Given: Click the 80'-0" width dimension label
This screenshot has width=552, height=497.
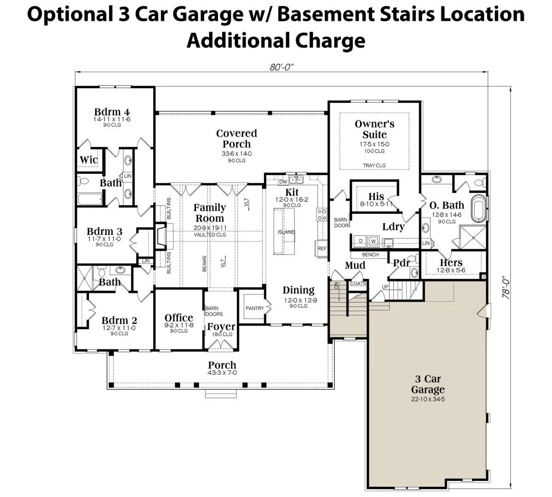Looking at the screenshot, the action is (x=282, y=67).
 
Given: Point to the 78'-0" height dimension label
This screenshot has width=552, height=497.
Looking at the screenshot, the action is (x=506, y=287).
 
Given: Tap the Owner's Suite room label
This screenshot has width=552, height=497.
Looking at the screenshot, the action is (x=374, y=129).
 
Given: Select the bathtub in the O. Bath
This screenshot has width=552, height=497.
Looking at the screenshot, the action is (x=479, y=208).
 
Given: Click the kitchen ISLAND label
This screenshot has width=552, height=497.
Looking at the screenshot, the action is (x=286, y=232).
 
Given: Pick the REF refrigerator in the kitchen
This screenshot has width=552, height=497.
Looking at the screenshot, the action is (x=322, y=248).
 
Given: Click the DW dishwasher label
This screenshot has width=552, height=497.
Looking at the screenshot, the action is (x=283, y=182).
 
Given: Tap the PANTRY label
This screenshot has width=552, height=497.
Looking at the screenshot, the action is (x=254, y=308).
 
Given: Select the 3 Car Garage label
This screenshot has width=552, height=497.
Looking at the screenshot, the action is (x=428, y=384).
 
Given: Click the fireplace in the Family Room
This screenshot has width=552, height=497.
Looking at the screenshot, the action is (x=161, y=236).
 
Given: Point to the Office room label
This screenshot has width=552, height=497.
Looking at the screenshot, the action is (x=178, y=318).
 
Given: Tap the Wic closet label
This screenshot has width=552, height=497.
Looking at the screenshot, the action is (x=89, y=160).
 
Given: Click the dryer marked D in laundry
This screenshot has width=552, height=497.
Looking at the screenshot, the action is (x=361, y=241).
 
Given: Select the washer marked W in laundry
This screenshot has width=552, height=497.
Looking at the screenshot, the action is (x=373, y=241).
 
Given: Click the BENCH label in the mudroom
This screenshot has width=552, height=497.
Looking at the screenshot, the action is (x=370, y=255).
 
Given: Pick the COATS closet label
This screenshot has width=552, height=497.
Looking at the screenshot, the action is (x=358, y=283).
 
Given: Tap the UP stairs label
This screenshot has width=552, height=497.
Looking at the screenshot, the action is (x=385, y=287).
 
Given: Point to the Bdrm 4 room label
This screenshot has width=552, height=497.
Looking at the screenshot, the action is (x=112, y=112).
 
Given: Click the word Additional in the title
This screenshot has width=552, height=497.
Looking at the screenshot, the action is (x=238, y=40).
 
